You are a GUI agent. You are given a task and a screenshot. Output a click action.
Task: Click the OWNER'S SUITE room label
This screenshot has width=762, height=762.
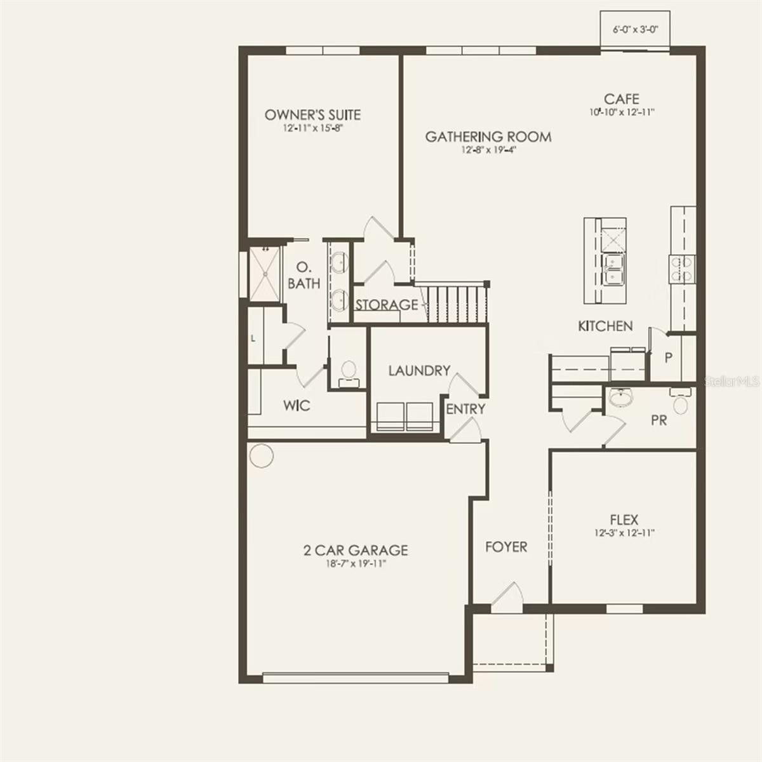[312, 115]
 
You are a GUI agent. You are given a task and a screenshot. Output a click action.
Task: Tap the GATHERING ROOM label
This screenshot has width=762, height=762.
[488, 137]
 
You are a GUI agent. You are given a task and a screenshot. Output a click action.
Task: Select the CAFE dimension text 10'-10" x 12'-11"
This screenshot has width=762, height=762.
[622, 112]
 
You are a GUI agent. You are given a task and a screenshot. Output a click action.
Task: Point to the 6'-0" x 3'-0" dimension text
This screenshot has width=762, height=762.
[636, 30]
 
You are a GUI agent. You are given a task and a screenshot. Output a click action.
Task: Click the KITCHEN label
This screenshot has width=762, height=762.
[605, 326]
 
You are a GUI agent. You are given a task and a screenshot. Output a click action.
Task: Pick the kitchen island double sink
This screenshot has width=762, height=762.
[613, 269]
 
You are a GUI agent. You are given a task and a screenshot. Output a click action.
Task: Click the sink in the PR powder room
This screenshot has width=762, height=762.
[620, 397]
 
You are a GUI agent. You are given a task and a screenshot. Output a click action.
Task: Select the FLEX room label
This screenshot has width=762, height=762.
[624, 519]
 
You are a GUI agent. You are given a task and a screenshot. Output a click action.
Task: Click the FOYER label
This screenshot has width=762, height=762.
[506, 547]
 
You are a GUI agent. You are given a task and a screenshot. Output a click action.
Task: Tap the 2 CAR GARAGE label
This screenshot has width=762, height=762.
[356, 551]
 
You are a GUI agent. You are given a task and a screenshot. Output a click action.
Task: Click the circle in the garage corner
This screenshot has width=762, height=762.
[262, 455]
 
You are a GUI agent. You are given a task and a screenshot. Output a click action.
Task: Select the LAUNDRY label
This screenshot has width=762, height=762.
[419, 370]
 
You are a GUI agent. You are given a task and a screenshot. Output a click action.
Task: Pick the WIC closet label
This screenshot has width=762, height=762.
[297, 405]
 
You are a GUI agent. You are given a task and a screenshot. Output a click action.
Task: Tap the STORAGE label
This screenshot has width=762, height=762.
[386, 305]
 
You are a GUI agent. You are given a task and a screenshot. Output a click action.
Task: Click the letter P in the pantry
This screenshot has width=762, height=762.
[668, 358]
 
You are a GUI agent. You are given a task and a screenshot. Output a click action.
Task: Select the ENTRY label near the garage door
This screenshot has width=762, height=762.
[466, 409]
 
